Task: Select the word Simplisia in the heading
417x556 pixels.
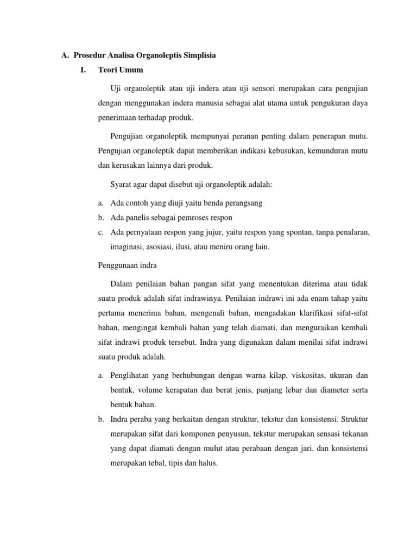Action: tap(200, 55)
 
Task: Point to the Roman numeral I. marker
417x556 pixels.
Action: tap(83, 69)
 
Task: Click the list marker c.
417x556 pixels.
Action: tap(101, 232)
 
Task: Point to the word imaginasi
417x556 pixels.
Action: tap(127, 247)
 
